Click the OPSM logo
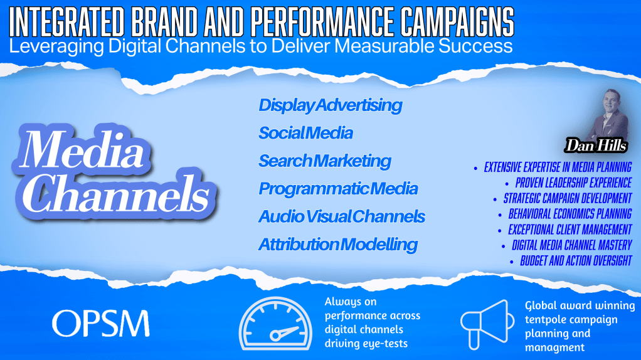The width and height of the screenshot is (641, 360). (x=100, y=323)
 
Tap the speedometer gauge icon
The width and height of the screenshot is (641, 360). (x=275, y=323)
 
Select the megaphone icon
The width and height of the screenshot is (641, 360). (x=487, y=324)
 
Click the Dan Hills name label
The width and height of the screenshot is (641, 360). (x=596, y=145)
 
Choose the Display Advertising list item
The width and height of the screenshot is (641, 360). (x=331, y=105)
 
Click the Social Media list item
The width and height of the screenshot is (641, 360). (x=306, y=133)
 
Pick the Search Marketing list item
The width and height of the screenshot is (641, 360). (x=325, y=161)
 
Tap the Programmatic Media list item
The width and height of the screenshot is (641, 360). (x=338, y=189)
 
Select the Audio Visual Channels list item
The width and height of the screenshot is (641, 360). (x=342, y=216)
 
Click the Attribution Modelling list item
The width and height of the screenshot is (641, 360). (x=338, y=245)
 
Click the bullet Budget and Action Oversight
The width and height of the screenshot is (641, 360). (x=576, y=261)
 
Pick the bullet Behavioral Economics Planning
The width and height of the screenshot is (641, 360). (x=570, y=214)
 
